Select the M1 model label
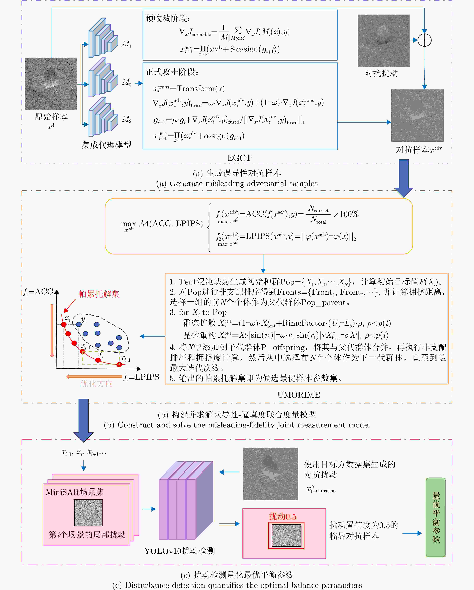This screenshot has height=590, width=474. [126, 44]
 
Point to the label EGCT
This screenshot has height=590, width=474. [239, 158]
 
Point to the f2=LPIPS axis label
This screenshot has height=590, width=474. [141, 377]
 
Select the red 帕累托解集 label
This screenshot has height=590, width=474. [99, 294]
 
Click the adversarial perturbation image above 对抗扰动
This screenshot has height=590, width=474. [383, 41]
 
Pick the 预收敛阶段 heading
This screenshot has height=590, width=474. [168, 18]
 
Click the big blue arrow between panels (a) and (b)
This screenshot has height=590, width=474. [404, 178]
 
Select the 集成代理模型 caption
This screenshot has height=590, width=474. [106, 145]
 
